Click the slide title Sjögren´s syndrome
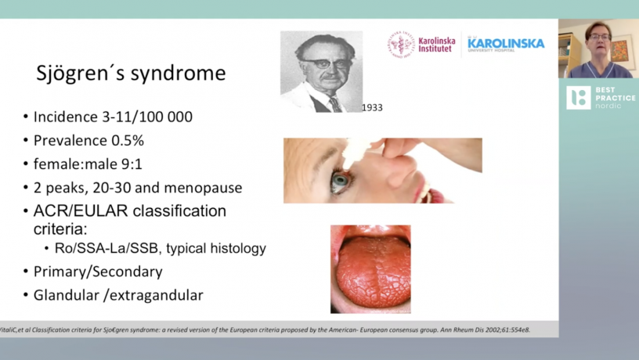tap(131, 74)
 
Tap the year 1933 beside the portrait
tap(372, 107)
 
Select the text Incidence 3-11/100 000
tap(113, 117)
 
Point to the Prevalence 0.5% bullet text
tap(88, 141)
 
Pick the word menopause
tap(203, 188)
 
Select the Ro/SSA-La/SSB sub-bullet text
tap(161, 248)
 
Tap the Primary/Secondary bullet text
tap(98, 272)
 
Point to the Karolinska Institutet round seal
tap(401, 45)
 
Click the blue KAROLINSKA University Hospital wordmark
tap(506, 44)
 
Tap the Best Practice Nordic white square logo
tap(578, 98)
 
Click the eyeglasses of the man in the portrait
tap(326, 64)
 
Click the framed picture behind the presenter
tap(623, 49)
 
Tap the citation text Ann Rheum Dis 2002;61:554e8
tap(485, 329)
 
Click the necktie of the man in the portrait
tap(335, 105)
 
